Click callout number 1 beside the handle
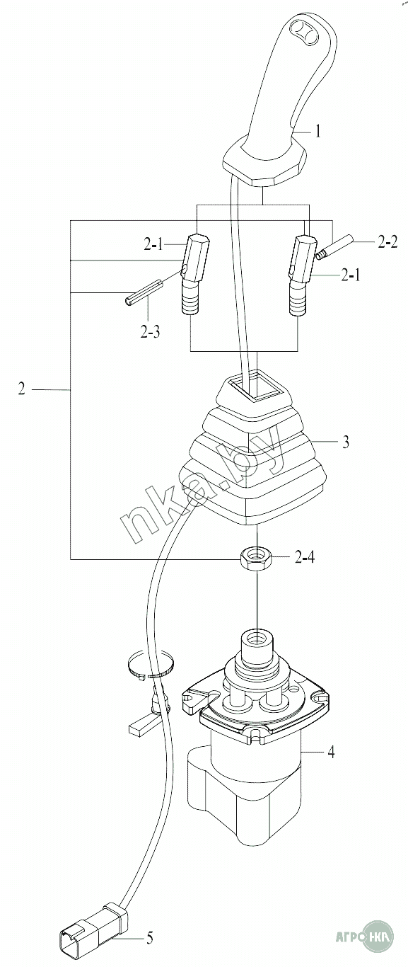pos(318,131)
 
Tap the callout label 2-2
pos(387,242)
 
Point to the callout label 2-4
pos(305,557)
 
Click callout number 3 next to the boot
pos(346,442)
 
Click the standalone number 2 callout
pos(21,389)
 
